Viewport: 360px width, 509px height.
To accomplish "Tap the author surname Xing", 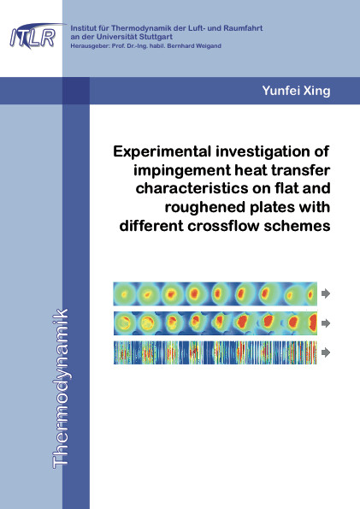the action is [317, 91].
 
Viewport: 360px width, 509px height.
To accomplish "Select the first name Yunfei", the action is [280, 90].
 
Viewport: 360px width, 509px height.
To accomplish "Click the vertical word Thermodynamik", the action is [61, 388].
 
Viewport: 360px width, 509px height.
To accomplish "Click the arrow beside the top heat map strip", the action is [326, 293].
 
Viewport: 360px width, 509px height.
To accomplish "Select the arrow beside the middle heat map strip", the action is [326, 323].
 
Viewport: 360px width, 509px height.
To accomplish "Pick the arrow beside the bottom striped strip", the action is [326, 352].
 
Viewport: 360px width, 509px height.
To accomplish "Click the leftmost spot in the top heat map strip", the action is [124, 295].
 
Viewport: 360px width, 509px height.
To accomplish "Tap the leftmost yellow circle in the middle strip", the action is [124, 323].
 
